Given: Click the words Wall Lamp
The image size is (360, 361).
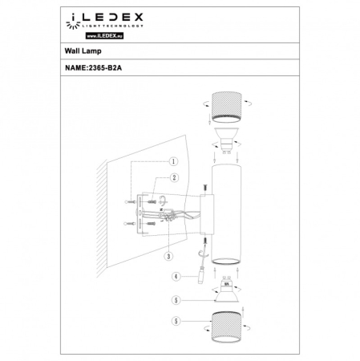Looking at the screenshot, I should pyautogui.click(x=81, y=50).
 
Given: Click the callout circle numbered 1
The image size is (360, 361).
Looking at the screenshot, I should pyautogui.click(x=172, y=160).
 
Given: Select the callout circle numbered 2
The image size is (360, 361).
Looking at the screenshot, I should pyautogui.click(x=172, y=177).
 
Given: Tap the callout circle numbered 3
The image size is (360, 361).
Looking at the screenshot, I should pyautogui.click(x=168, y=257).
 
